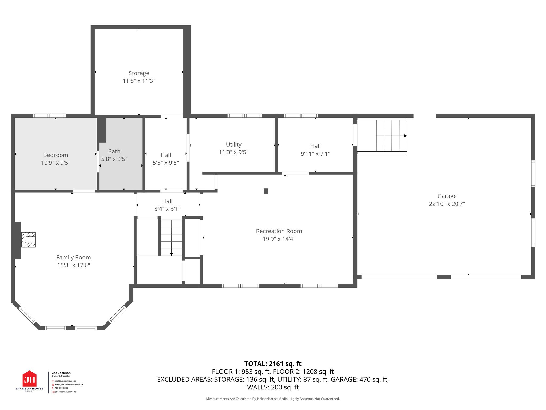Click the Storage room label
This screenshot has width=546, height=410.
coord(139,73)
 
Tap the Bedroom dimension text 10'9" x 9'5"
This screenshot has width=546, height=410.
coord(56,163)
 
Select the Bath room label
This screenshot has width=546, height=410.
coord(114,151)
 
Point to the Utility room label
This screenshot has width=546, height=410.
coord(234,144)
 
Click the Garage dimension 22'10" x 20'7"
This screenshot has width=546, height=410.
coord(447,204)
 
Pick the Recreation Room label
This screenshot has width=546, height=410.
coord(279,231)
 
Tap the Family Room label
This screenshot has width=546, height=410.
coord(74,258)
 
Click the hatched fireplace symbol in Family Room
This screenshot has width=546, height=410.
coord(29,240)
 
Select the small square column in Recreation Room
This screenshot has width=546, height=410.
coord(266,191)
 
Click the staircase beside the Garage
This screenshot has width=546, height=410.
coord(382,136)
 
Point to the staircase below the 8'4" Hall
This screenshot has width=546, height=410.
coord(172,238)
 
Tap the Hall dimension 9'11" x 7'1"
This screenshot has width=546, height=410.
coord(315,154)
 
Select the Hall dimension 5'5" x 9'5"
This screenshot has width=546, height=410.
coord(166,163)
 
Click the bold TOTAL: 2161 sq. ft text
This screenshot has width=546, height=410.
coord(273,364)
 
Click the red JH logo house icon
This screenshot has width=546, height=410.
coord(30,379)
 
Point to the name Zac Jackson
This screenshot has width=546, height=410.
coord(61,373)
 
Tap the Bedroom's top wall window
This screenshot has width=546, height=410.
coord(49,116)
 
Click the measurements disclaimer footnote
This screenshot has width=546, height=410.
coord(273,399)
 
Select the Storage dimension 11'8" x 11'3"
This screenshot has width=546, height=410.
coord(139,81)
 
